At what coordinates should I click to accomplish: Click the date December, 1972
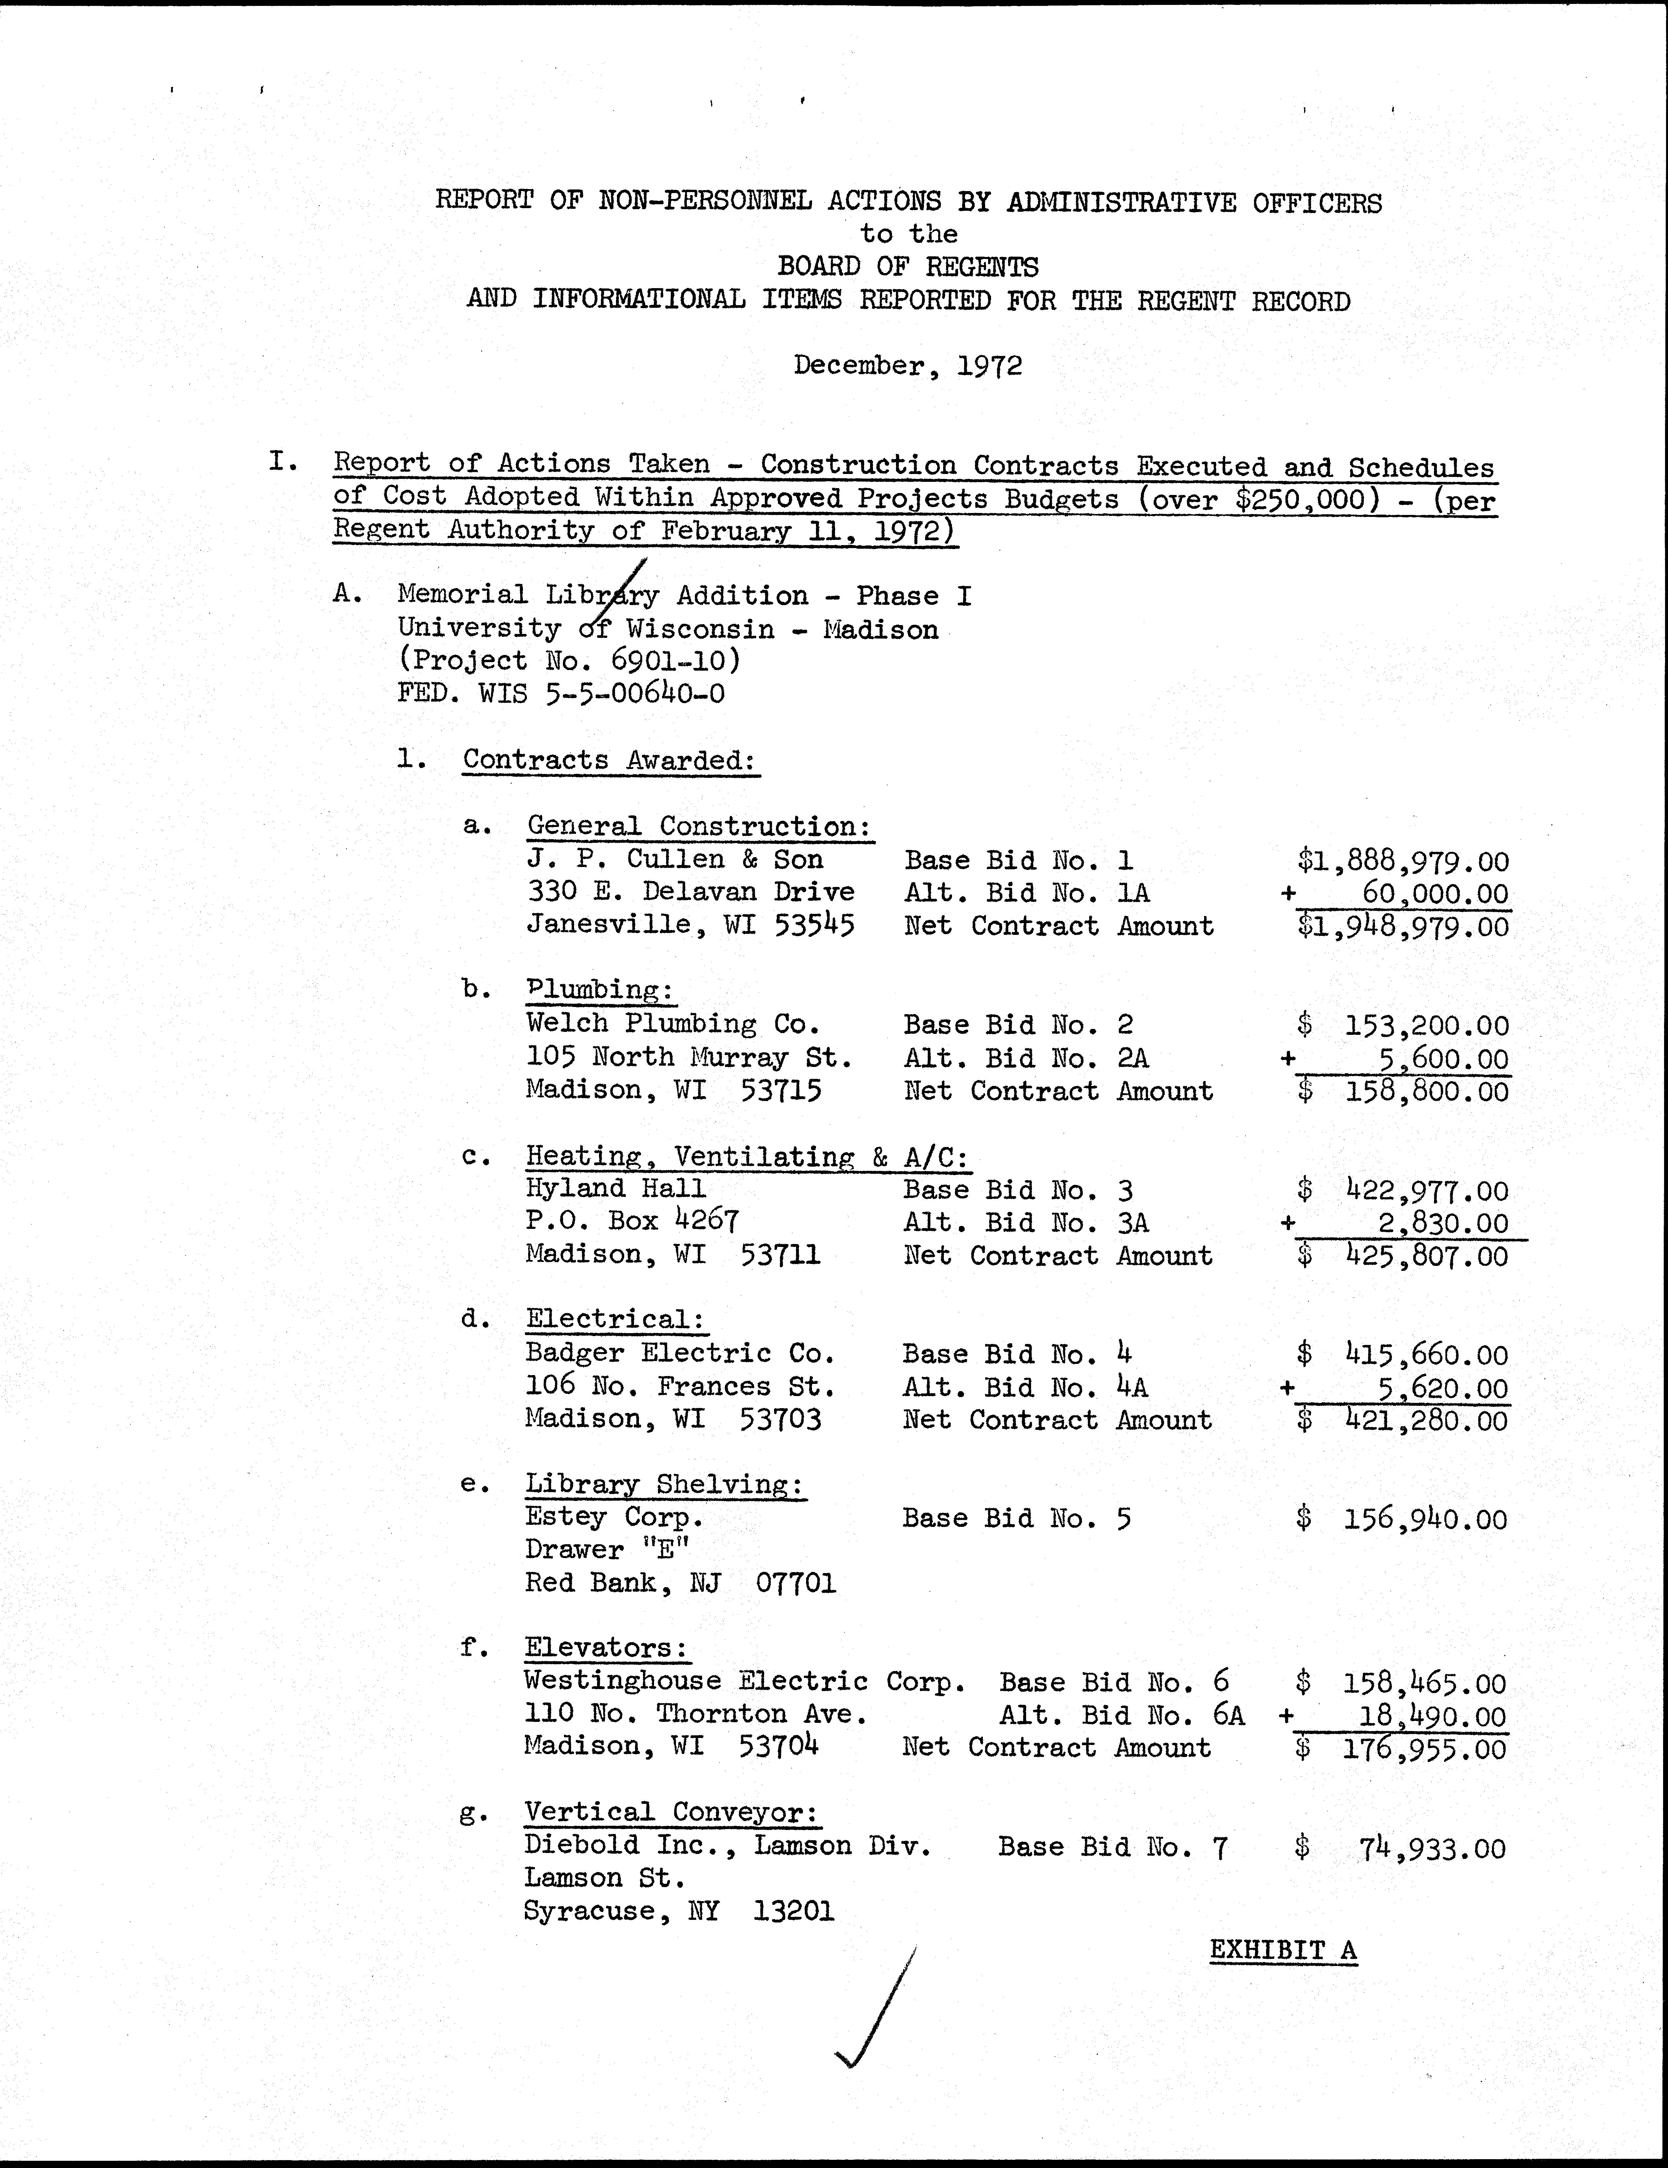pyautogui.click(x=907, y=366)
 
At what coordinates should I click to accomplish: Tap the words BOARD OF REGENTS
pyautogui.click(x=907, y=267)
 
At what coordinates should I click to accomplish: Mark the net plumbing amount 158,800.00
pyautogui.click(x=1426, y=1092)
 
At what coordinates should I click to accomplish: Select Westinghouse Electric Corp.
pyautogui.click(x=745, y=1682)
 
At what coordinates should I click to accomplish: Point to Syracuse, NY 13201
pyautogui.click(x=679, y=1912)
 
